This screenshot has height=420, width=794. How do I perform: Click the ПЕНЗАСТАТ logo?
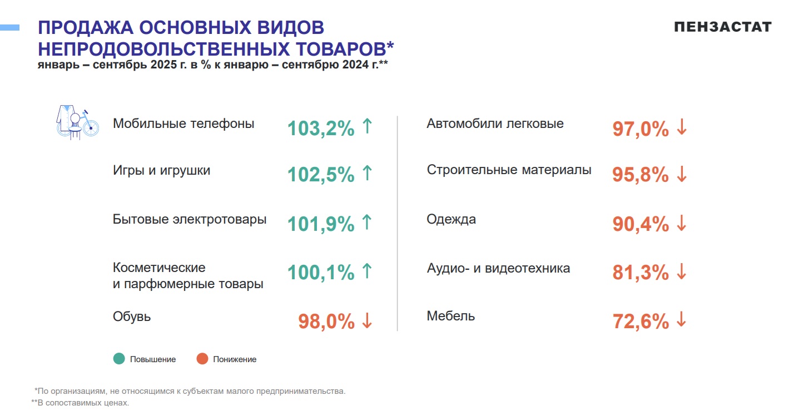coord(722,27)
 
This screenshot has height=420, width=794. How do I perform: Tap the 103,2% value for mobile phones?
coord(321,129)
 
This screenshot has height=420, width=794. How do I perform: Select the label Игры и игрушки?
coord(161,170)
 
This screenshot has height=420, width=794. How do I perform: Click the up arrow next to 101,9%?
coord(366,223)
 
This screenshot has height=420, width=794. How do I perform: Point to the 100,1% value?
coord(321,273)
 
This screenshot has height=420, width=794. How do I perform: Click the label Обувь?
coord(132,317)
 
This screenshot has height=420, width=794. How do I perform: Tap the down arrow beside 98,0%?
coord(366,320)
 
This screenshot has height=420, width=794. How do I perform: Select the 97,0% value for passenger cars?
coord(640,129)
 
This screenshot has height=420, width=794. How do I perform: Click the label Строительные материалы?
coord(509,170)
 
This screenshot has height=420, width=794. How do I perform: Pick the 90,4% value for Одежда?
coord(640,224)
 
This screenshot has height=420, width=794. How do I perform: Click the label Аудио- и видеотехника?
coord(498,268)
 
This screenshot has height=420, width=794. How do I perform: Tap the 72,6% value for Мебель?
coord(640,322)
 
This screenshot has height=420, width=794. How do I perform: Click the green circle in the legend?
coord(119,359)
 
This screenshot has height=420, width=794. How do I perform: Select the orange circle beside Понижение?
coord(202,359)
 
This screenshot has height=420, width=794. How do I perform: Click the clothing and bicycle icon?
coord(77,122)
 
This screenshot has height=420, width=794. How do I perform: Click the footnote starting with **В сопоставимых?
coord(80,402)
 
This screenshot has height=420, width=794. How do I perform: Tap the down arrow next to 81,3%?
coord(682,272)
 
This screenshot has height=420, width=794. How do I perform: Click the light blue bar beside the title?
coord(9,27)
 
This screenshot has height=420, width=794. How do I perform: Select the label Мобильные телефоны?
coord(183,123)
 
